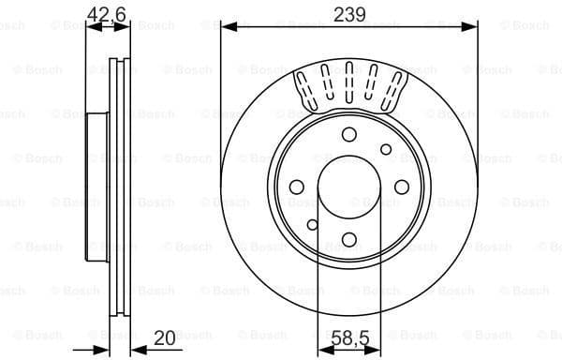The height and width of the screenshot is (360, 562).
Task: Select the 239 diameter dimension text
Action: tap(348, 13)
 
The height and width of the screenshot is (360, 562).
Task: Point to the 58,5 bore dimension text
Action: tap(348, 337)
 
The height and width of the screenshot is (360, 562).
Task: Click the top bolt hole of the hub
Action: tap(349, 135)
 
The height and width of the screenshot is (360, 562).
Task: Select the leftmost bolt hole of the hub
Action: tap(296, 187)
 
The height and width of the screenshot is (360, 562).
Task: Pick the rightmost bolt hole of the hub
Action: tap(402, 187)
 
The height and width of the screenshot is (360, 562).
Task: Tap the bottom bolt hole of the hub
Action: tap(349, 239)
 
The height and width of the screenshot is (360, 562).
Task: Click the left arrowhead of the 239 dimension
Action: tap(226, 28)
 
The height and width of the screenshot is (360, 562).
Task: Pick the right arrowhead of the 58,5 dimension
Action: tap(377, 350)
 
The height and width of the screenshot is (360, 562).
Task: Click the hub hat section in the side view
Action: tap(97, 187)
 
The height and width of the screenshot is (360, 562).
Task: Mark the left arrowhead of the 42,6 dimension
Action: tap(90, 28)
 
